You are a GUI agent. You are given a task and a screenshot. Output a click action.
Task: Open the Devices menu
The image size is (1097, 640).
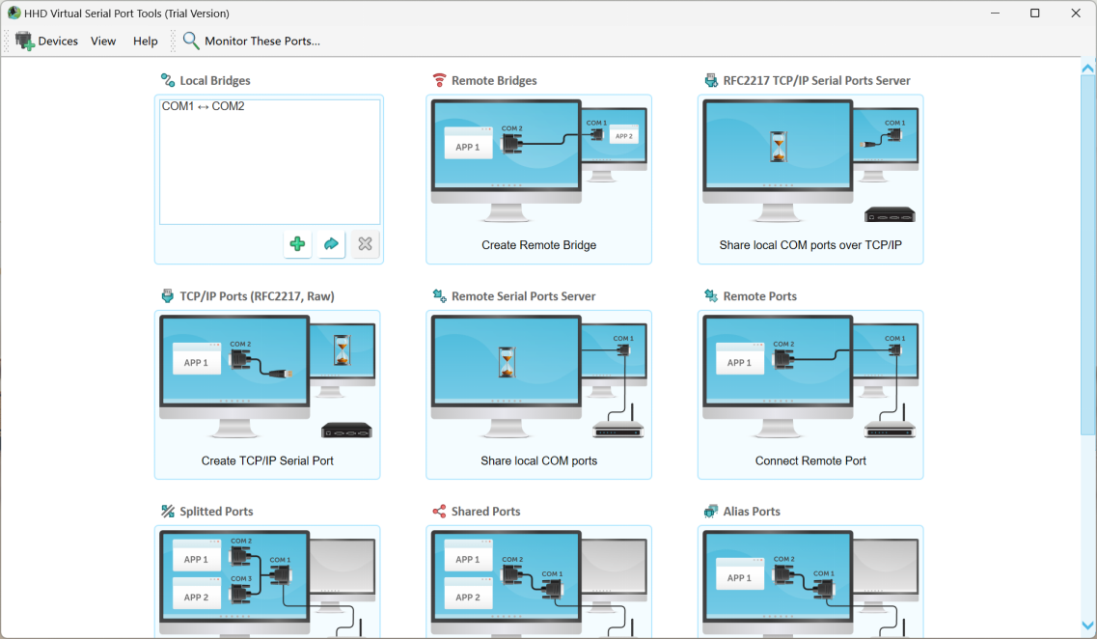click(47, 42)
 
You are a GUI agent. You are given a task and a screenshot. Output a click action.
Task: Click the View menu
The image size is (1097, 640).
click(103, 42)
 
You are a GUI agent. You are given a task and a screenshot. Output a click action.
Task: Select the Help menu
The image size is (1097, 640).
click(146, 42)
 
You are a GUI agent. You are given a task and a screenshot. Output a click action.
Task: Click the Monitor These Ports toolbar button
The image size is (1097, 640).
click(251, 42)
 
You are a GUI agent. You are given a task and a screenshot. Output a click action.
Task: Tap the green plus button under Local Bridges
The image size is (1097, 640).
click(297, 244)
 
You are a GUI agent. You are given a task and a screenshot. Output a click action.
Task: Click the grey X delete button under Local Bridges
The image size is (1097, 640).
click(365, 244)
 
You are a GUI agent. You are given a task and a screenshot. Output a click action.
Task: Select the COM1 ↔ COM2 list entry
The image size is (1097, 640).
click(204, 106)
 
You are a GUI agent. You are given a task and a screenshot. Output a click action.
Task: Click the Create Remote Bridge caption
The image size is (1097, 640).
click(538, 245)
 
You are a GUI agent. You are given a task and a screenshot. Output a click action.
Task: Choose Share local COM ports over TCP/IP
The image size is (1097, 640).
click(810, 245)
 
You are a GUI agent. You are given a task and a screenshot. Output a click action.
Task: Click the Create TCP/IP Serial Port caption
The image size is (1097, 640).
click(267, 460)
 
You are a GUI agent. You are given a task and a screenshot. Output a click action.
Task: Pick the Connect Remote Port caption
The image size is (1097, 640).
click(810, 460)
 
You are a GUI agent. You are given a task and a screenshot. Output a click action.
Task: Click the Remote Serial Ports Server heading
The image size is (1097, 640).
click(523, 296)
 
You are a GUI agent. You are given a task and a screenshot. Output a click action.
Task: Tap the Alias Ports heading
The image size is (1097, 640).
click(752, 512)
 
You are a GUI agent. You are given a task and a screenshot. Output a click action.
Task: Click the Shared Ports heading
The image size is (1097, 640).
click(485, 512)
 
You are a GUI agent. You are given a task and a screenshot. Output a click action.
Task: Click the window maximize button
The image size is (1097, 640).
click(1034, 14)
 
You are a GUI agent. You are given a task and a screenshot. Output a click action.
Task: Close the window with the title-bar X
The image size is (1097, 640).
click(1076, 14)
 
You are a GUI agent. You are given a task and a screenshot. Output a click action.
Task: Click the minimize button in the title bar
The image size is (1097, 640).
click(993, 14)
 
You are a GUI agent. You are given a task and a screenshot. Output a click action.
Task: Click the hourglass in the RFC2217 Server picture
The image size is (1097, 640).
click(778, 148)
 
